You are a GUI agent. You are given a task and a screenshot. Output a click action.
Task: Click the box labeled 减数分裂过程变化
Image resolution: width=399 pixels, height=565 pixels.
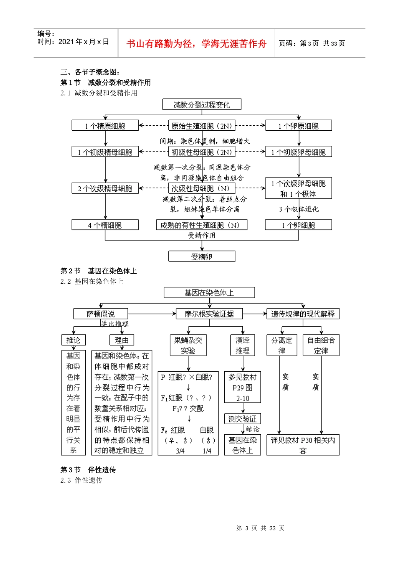pyautogui.click(x=202, y=105)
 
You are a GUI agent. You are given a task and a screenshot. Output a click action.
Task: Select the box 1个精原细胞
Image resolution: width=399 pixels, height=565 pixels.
pyautogui.click(x=105, y=126)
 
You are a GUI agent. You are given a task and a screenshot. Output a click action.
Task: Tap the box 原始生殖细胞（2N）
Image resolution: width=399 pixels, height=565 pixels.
pyautogui.click(x=202, y=126)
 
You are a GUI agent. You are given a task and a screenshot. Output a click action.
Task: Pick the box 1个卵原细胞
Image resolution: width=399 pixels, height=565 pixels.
pyautogui.click(x=298, y=126)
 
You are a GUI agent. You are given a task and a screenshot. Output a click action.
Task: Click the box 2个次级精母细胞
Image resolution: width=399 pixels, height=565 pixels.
pyautogui.click(x=105, y=188)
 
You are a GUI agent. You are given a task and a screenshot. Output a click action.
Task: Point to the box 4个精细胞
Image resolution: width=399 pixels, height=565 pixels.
pyautogui.click(x=105, y=225)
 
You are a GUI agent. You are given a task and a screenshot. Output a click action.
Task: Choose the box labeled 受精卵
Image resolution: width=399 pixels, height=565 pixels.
pyautogui.click(x=202, y=256)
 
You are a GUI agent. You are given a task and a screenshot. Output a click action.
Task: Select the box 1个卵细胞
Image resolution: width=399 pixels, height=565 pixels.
pyautogui.click(x=298, y=225)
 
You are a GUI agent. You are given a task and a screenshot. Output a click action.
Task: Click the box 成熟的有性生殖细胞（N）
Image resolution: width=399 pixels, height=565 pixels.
pyautogui.click(x=202, y=225)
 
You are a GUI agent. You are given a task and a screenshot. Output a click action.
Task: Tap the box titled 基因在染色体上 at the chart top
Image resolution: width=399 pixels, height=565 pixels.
pyautogui.click(x=209, y=293)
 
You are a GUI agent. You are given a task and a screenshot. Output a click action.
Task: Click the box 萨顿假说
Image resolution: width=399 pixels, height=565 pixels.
pyautogui.click(x=101, y=314)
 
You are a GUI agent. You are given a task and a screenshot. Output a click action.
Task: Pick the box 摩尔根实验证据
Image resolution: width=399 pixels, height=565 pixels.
pyautogui.click(x=209, y=314)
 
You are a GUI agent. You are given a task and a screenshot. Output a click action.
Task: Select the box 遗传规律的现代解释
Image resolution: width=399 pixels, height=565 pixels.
pyautogui.click(x=303, y=314)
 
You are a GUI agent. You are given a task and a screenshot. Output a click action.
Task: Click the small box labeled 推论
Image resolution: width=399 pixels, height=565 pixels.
pyautogui.click(x=73, y=340)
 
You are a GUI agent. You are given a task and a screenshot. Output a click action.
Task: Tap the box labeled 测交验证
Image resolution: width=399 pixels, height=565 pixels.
pyautogui.click(x=242, y=419)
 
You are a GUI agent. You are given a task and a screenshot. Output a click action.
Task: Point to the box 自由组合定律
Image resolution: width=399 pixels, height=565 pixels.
pyautogui.click(x=321, y=345)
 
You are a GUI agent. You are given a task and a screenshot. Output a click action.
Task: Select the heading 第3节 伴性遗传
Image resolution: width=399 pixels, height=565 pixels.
pyautogui.click(x=88, y=470)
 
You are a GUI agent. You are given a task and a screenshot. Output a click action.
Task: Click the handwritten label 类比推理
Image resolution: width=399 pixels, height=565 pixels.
pyautogui.click(x=115, y=324)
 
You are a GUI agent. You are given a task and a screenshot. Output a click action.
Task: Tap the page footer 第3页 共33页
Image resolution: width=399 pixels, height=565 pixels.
pyautogui.click(x=260, y=528)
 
